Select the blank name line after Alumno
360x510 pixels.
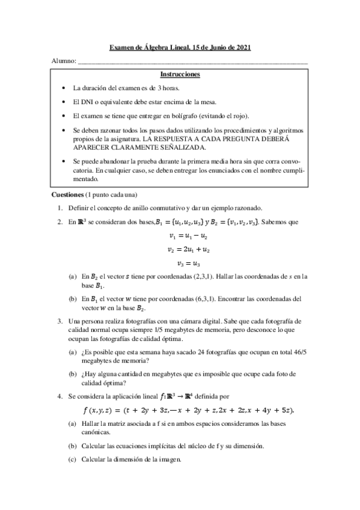coord(193,62)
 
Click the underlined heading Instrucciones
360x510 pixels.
coord(180,75)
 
